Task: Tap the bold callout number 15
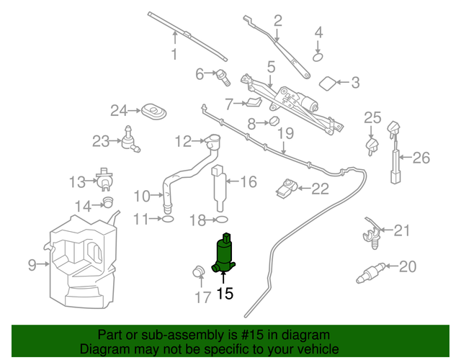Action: pos(225,293)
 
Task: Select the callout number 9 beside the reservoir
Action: pos(32,265)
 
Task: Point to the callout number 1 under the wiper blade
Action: pos(174,55)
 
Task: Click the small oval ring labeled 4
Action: pos(318,55)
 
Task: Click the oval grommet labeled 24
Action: pos(154,112)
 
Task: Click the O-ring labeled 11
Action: pos(167,218)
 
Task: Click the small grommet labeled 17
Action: pos(195,272)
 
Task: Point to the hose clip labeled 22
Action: pos(286,188)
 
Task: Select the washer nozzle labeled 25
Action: pos(372,147)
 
